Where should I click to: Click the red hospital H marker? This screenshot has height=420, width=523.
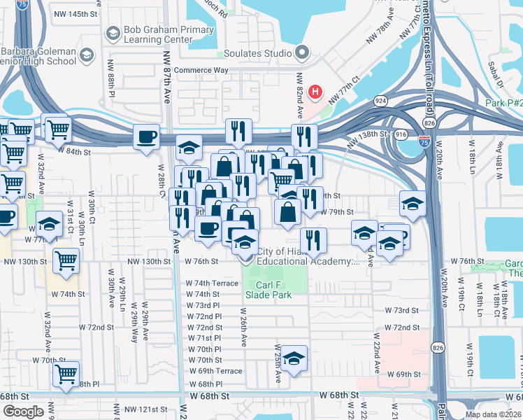point(316,92)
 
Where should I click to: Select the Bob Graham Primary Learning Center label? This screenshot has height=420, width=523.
point(159,35)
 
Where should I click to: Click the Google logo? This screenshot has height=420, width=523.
point(22,412)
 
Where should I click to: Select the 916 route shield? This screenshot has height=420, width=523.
point(401,133)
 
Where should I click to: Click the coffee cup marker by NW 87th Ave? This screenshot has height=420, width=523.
point(146,136)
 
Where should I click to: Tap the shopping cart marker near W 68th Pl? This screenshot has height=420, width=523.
point(66,374)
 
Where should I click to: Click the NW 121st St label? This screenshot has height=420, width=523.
point(145,409)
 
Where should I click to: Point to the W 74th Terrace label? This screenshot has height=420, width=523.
point(212,283)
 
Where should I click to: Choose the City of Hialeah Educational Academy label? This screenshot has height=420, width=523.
point(308,256)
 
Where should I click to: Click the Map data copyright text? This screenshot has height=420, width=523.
point(493,414)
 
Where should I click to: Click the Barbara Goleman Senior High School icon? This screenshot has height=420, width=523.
point(87,55)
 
